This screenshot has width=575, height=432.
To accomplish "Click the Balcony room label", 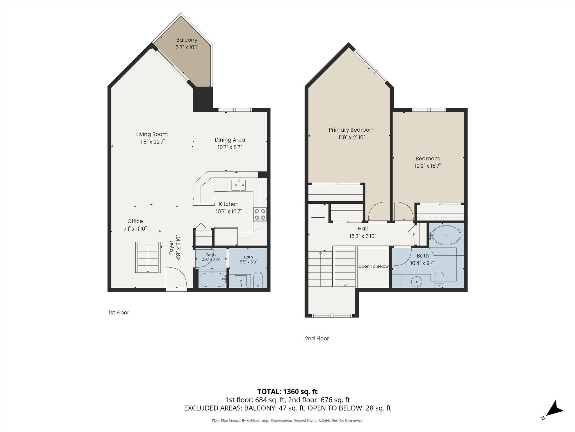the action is (187, 40).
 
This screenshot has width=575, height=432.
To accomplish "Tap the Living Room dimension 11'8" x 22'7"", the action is (152, 142).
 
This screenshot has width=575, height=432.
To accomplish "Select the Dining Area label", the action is (230, 140).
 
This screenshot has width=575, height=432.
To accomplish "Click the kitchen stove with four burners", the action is (260, 214).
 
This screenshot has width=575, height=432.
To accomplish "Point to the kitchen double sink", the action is (238, 185).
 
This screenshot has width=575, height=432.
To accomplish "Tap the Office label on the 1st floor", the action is (135, 221).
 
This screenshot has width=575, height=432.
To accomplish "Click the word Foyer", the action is (171, 248).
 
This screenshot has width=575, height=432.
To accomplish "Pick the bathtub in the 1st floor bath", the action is (212, 280).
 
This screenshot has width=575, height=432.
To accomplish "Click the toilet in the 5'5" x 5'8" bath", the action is (258, 279).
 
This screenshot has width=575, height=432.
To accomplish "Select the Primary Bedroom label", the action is (352, 130).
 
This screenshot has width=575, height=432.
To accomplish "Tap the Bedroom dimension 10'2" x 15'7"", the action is (428, 166).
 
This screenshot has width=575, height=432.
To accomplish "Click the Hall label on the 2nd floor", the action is (363, 229).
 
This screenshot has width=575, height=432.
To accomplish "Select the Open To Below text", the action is (373, 266).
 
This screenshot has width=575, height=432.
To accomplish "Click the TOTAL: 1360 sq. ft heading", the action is (287, 391).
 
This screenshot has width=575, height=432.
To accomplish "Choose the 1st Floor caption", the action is (119, 312).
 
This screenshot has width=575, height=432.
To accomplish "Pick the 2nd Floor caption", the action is (317, 338).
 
